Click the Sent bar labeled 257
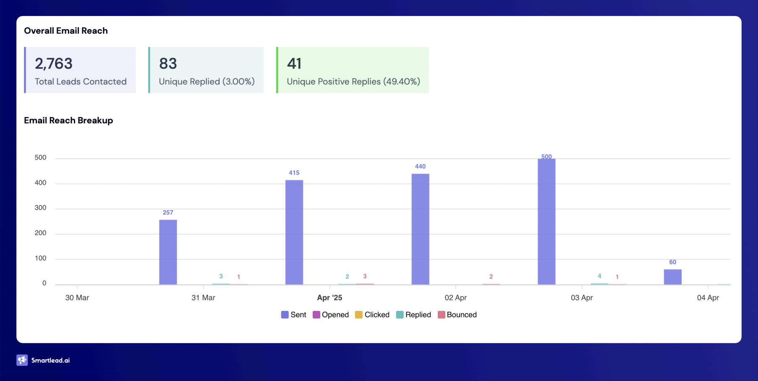[168, 252]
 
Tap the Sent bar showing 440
[420, 229]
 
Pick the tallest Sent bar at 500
[546, 222]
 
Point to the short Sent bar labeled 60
[672, 277]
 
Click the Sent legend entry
[294, 315]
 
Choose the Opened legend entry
[331, 315]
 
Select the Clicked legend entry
[372, 315]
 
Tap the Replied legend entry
[413, 315]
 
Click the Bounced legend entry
[457, 315]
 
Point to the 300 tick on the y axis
[40, 208]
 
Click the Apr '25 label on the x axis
[329, 297]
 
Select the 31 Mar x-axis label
[203, 297]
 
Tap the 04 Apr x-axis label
[708, 297]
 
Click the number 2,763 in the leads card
[54, 64]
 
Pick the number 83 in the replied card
[168, 64]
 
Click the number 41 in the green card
[294, 64]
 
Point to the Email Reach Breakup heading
[68, 120]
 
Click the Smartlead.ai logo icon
[22, 360]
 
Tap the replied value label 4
[599, 276]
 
